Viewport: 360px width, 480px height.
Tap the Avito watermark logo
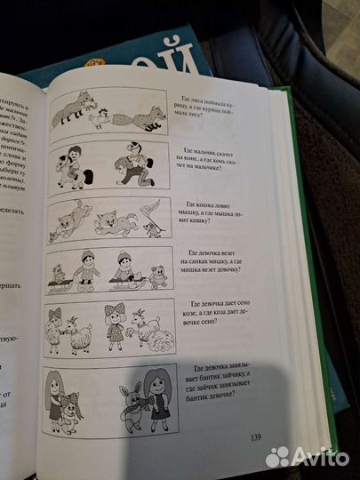click(x=308, y=456)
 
